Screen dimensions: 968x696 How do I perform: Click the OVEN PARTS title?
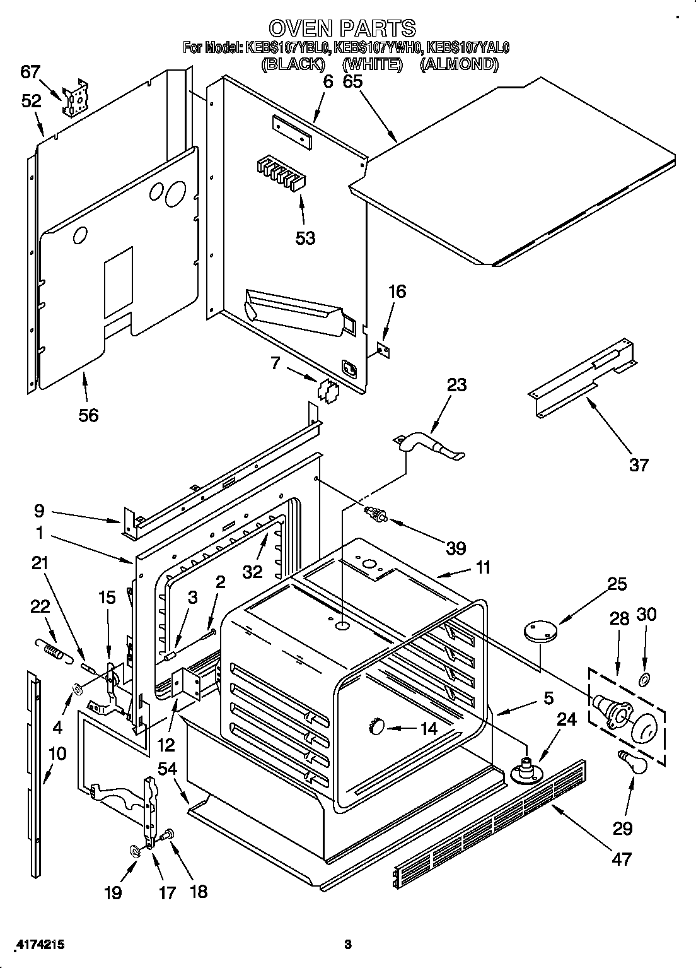pyautogui.click(x=342, y=27)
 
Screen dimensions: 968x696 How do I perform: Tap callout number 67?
pyautogui.click(x=30, y=72)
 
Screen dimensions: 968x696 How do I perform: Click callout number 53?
pyautogui.click(x=305, y=238)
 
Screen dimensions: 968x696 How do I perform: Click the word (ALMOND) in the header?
pyautogui.click(x=459, y=64)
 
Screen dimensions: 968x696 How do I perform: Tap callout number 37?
pyautogui.click(x=639, y=465)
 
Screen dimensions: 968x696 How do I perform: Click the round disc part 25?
pyautogui.click(x=541, y=631)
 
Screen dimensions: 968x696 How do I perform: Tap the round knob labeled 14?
pyautogui.click(x=376, y=727)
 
